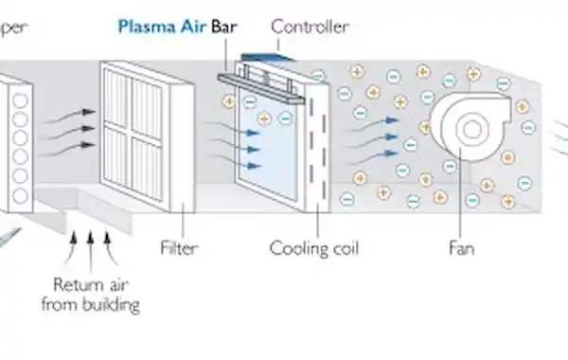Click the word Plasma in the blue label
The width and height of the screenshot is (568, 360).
pos(143,27)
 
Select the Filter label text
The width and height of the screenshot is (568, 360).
pos(180,249)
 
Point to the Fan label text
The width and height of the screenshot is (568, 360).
pos(461,249)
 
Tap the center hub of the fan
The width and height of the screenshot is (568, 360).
pos(468,128)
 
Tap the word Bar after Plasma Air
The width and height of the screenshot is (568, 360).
pos(224,27)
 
